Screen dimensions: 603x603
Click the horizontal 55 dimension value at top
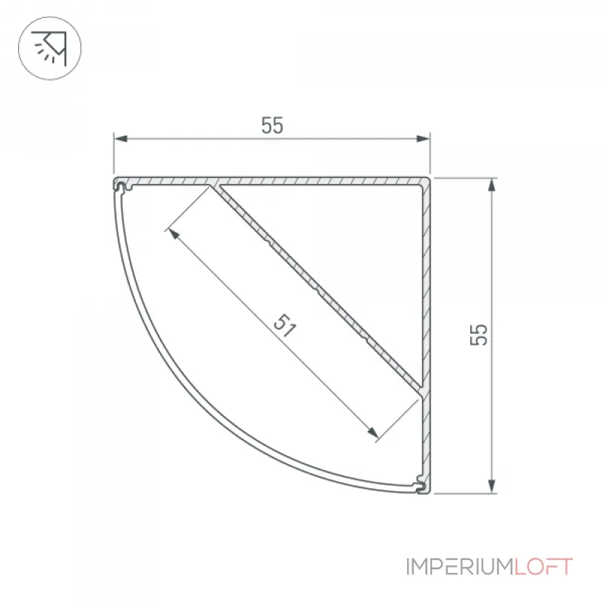272,125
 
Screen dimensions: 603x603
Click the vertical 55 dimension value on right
479,335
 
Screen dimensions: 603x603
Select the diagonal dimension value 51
285,326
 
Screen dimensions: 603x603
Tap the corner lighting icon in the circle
50,48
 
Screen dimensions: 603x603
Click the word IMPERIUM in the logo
460,567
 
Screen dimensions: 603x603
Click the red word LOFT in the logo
543,567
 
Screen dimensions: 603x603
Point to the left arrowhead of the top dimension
121,139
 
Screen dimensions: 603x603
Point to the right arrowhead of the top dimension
423,139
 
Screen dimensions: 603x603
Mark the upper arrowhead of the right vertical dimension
491,185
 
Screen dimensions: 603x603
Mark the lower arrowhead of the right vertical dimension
491,486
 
